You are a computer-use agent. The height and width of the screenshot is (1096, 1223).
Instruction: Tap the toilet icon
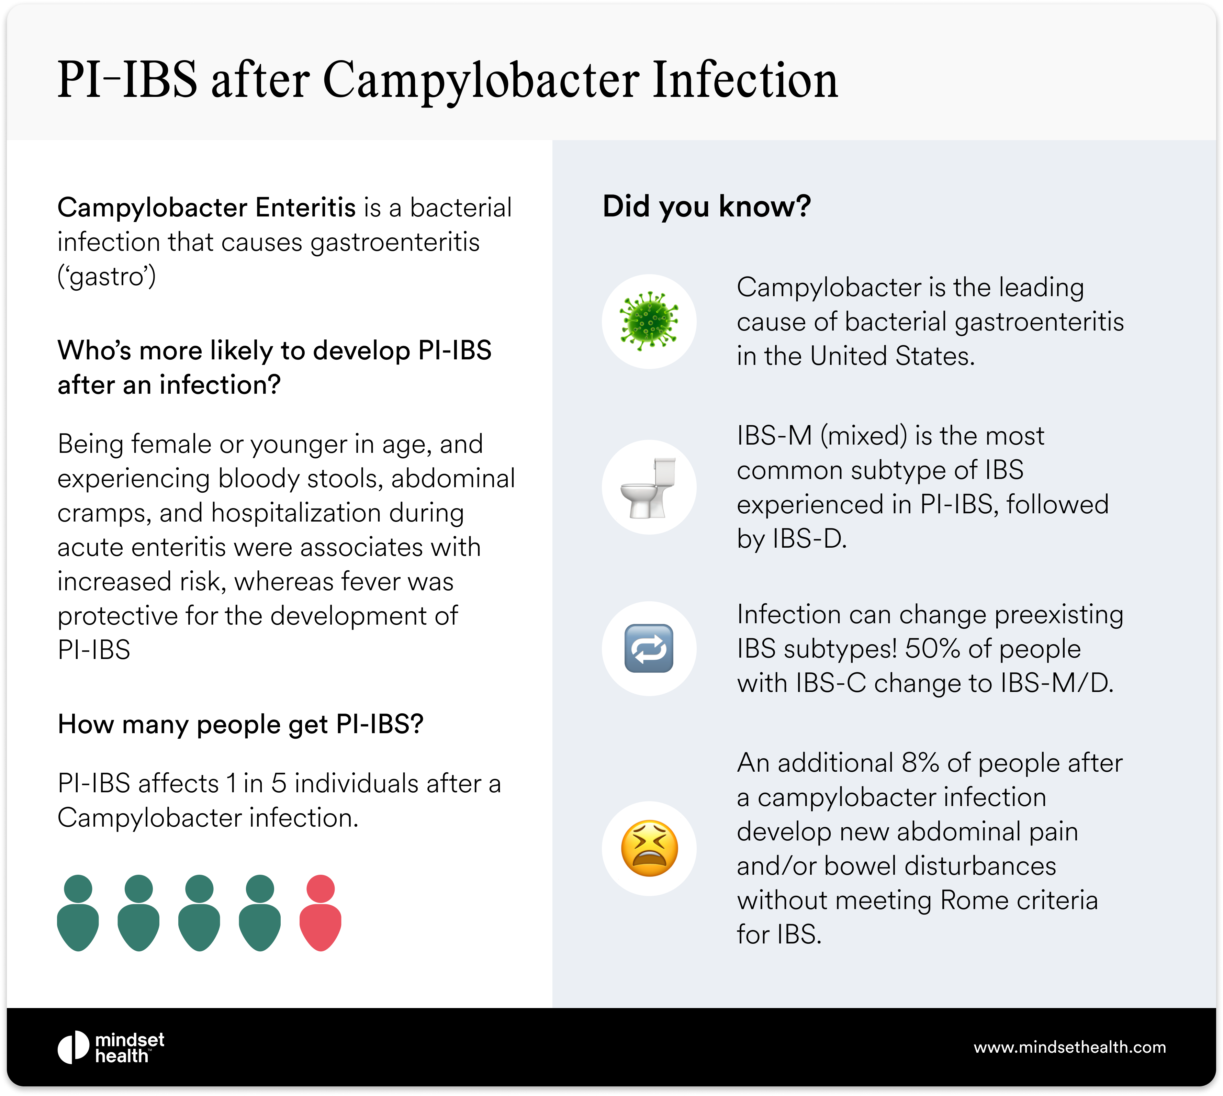(x=649, y=487)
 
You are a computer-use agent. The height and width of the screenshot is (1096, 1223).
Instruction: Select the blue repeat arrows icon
(x=649, y=649)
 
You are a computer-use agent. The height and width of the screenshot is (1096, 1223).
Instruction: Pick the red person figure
(x=321, y=912)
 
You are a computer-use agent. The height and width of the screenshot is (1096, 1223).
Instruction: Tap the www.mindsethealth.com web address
(x=1069, y=1047)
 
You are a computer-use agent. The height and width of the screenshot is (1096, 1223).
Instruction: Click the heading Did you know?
(x=707, y=206)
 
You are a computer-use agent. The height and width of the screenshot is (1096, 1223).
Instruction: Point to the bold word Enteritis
(x=305, y=208)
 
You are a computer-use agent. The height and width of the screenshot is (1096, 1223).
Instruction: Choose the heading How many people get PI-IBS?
(x=240, y=725)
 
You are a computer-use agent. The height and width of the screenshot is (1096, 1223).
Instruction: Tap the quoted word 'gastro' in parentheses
(x=106, y=277)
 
